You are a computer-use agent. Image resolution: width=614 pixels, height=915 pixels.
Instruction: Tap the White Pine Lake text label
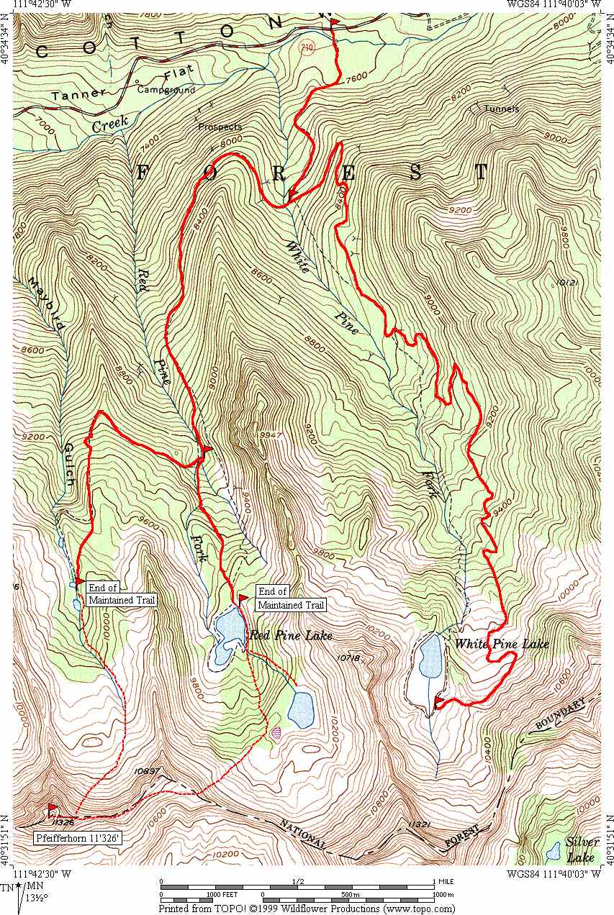coord(501,644)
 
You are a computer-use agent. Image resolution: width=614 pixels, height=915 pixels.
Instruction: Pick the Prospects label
coord(220,127)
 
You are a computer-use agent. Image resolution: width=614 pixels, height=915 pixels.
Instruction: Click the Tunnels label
coord(501,109)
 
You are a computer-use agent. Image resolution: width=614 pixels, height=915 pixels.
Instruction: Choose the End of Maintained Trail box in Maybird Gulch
coord(121,593)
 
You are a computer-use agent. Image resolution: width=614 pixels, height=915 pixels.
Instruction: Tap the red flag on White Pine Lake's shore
coord(439,701)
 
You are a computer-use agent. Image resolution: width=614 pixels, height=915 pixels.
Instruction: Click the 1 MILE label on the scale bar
coord(445,881)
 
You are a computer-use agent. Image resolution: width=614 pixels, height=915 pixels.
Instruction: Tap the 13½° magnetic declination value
coord(33,898)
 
